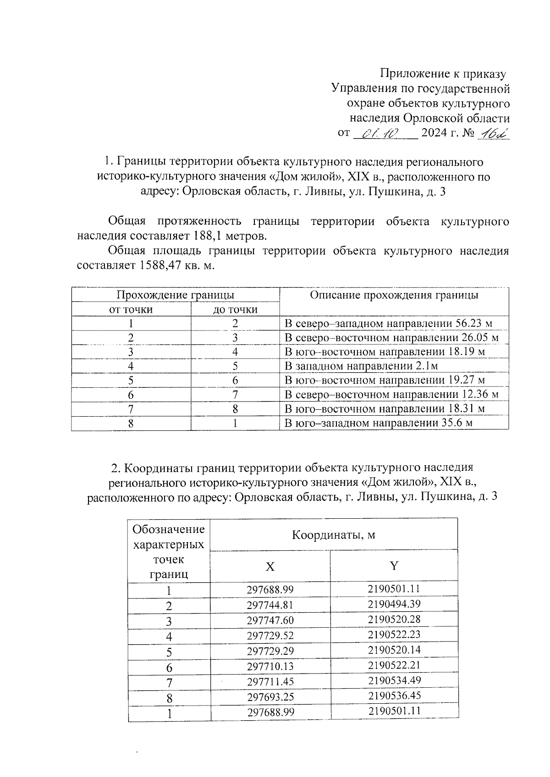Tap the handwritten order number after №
click(x=493, y=134)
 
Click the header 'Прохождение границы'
click(x=175, y=295)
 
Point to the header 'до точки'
click(x=235, y=310)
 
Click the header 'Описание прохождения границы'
click(x=394, y=295)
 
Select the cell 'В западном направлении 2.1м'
click(x=361, y=366)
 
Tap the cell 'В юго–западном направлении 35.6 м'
click(x=378, y=423)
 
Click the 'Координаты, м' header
click(x=334, y=535)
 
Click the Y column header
click(x=394, y=566)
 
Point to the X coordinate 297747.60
click(x=270, y=620)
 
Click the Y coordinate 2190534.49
click(x=394, y=680)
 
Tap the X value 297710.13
click(x=270, y=666)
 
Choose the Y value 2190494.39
click(x=394, y=604)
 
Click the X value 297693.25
click(x=270, y=697)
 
